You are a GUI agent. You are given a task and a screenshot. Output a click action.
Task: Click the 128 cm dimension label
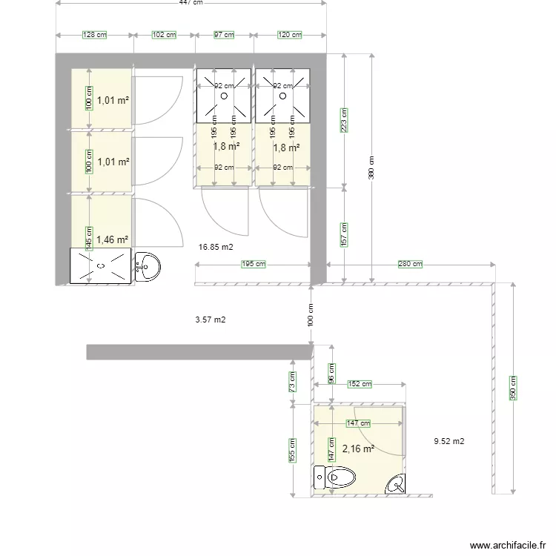(x=95, y=34)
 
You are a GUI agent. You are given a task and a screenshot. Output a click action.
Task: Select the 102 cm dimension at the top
(x=164, y=34)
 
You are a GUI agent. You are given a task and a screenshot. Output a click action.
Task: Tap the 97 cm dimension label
(x=224, y=34)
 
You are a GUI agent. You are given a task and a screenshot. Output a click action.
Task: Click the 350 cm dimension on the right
(x=513, y=388)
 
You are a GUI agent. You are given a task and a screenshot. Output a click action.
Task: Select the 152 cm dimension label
(x=360, y=384)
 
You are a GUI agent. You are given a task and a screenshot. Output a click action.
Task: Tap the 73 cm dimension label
(x=294, y=382)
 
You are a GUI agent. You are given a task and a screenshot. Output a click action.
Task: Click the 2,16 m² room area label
(x=358, y=449)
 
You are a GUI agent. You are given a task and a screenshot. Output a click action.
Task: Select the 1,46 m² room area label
(x=113, y=239)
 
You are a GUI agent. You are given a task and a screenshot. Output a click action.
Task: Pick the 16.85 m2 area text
(x=216, y=247)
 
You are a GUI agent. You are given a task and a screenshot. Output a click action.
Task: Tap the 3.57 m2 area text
(x=210, y=320)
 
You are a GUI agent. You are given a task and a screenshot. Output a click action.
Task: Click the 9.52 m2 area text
(x=449, y=441)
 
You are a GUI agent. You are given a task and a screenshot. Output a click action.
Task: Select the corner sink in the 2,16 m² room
(x=397, y=484)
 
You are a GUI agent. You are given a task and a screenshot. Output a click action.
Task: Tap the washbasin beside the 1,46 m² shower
(x=148, y=266)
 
